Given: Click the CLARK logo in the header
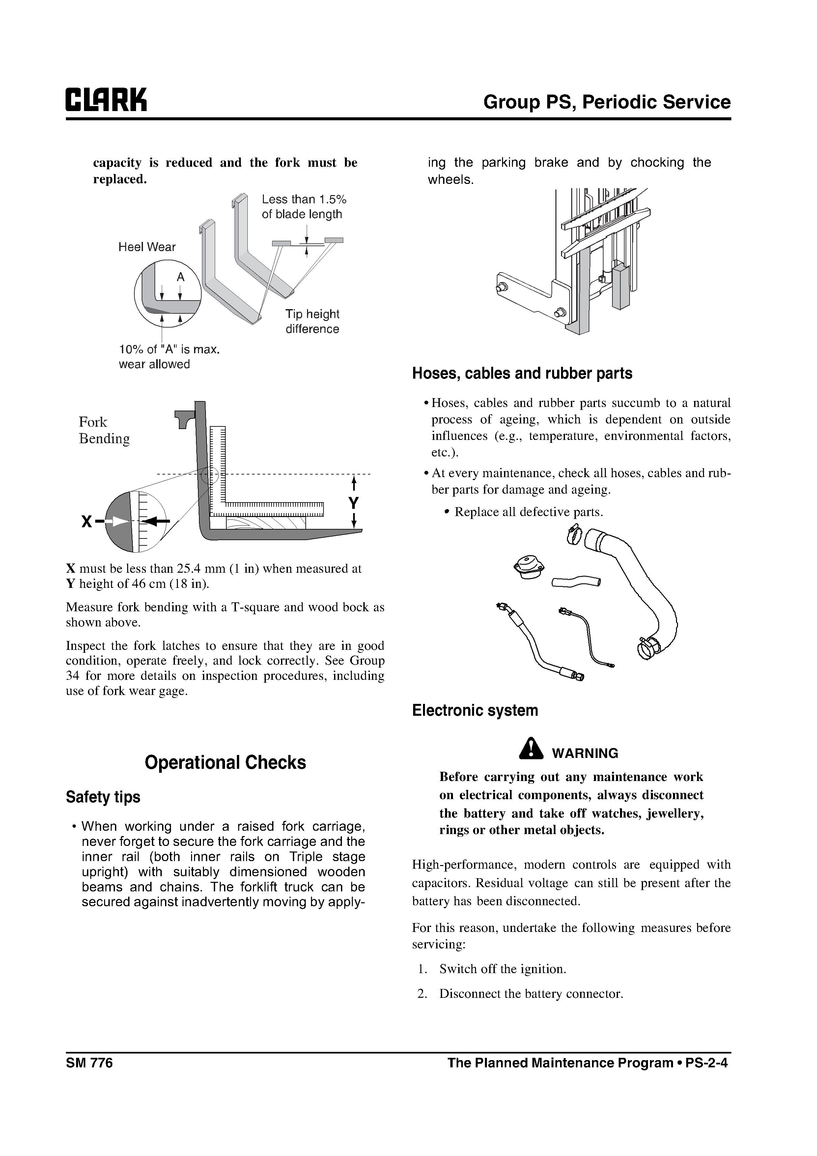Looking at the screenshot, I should pos(106,100).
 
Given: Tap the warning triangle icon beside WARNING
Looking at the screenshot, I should pos(531,749).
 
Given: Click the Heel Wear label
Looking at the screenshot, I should pos(147,247).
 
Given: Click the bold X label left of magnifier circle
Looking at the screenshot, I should pos(87,522).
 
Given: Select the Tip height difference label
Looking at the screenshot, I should pos(312,321).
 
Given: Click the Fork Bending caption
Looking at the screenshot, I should pos(104,430).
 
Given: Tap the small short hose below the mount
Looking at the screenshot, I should pos(576,582).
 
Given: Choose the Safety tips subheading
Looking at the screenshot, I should pos(103,797).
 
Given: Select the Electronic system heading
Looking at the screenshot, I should pos(475,710).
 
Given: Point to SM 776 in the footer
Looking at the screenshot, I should pos(89,1063).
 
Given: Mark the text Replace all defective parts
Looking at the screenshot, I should pos(528,512).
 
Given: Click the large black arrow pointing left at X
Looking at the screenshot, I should pos(158,522).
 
